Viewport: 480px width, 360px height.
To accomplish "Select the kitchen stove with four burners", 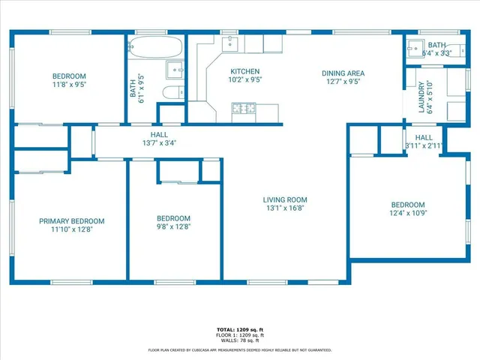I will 243,109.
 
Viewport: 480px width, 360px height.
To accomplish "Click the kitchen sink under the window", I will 231,43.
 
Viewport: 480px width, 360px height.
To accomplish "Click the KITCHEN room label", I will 244,71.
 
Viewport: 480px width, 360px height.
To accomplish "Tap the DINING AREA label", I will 343,73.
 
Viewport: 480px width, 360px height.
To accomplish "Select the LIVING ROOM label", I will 285,199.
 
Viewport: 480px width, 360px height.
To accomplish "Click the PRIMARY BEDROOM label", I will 72,221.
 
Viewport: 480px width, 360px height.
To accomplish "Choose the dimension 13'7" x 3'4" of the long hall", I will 159,143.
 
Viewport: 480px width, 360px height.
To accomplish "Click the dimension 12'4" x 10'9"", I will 408,213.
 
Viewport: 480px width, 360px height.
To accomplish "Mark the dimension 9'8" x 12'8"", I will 173,226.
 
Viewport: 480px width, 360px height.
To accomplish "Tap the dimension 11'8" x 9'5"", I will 69,85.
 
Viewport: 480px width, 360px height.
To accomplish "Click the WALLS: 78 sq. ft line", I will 239,340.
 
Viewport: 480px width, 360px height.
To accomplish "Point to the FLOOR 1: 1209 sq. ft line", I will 239,335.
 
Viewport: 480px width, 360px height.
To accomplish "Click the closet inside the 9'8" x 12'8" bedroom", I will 178,172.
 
